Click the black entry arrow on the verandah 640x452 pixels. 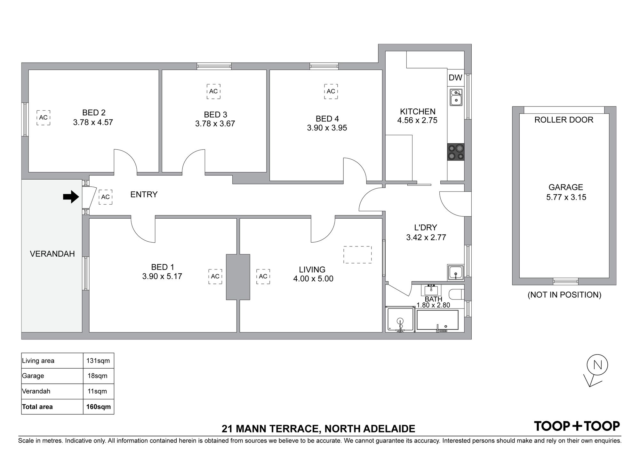(x=71, y=197)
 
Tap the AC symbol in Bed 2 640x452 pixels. (x=43, y=118)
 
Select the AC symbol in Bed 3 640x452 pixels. (x=213, y=91)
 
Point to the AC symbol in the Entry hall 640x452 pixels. (x=105, y=197)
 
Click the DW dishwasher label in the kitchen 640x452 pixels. (x=455, y=78)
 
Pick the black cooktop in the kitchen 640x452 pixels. (x=456, y=152)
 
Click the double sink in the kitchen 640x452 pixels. (x=456, y=97)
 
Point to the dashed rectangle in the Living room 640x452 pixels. (x=357, y=254)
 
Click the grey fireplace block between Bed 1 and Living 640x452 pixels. (x=238, y=277)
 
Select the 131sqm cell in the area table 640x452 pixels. (x=98, y=361)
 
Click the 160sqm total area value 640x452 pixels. (x=99, y=407)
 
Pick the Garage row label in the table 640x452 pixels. (x=33, y=376)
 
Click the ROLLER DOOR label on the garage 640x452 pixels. (x=564, y=120)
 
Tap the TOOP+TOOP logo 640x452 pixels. (x=577, y=426)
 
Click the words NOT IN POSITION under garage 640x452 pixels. (x=564, y=295)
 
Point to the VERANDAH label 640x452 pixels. (x=52, y=254)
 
